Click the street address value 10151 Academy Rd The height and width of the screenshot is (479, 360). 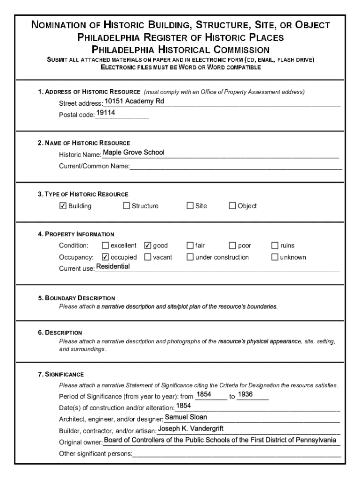coord(134,101)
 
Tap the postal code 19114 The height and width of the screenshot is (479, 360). coord(106,113)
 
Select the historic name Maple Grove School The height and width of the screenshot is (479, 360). coord(133,152)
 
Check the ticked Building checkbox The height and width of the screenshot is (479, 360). coord(63,206)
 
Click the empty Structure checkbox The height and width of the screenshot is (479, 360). coord(126,206)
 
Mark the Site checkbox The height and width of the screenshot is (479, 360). coord(190,206)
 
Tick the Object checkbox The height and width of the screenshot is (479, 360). coord(232,206)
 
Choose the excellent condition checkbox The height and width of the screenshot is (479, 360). coord(105,246)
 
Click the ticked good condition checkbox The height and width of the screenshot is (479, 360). coord(148,246)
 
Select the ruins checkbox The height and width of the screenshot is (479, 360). coord(275,246)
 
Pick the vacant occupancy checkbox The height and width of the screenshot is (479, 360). coord(148,257)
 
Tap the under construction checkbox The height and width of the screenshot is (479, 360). coord(190,257)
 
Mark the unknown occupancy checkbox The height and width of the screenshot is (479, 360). coord(275,257)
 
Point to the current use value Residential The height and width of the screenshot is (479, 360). coord(113,267)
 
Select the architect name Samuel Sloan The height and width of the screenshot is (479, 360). coord(186,417)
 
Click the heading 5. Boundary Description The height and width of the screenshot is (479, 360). coord(77,298)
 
